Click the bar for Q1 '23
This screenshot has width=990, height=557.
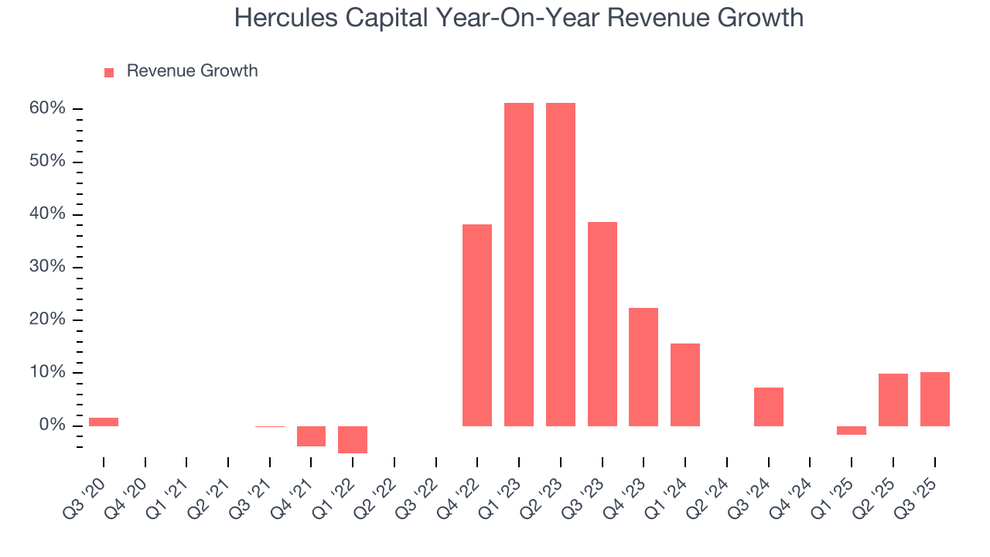(x=519, y=265)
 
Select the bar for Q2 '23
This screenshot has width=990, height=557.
(x=561, y=265)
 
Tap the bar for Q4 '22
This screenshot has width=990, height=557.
(x=477, y=325)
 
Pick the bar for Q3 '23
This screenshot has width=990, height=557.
(x=603, y=324)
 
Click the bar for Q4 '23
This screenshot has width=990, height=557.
(x=643, y=367)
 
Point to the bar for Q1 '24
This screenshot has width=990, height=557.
(x=685, y=384)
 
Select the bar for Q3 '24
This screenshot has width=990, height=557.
(x=769, y=407)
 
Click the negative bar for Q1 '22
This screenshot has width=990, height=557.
(x=353, y=439)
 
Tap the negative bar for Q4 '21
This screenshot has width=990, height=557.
(x=311, y=436)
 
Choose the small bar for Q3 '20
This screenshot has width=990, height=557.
(x=104, y=422)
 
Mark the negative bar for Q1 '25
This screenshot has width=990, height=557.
(x=852, y=430)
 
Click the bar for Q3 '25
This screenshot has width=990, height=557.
(x=935, y=399)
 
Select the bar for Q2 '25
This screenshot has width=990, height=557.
(x=893, y=400)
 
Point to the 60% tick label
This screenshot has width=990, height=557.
(x=47, y=108)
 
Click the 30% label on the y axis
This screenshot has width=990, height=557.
(x=47, y=267)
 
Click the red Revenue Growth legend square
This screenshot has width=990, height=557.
(x=109, y=72)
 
